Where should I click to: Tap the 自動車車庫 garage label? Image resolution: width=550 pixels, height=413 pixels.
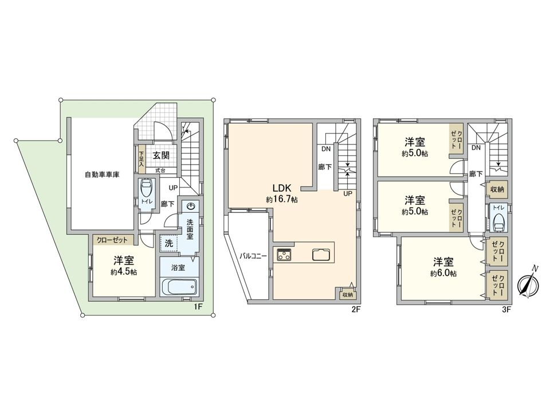pyautogui.click(x=102, y=174)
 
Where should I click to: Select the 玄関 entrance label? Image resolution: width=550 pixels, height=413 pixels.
pyautogui.click(x=160, y=155)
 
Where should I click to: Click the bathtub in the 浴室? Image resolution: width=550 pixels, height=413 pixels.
pyautogui.click(x=179, y=286)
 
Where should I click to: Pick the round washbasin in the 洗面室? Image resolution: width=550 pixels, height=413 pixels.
pyautogui.click(x=191, y=206)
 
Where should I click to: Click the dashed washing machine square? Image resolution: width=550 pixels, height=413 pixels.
pyautogui.click(x=169, y=243)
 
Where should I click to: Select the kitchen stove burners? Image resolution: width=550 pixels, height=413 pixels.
pyautogui.click(x=285, y=254)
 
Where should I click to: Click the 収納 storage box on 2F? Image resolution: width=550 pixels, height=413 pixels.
pyautogui.click(x=347, y=294)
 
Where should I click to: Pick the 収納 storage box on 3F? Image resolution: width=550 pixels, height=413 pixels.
pyautogui.click(x=497, y=189)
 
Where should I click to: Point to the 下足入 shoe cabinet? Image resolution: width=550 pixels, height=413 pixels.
pyautogui.click(x=141, y=158)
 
